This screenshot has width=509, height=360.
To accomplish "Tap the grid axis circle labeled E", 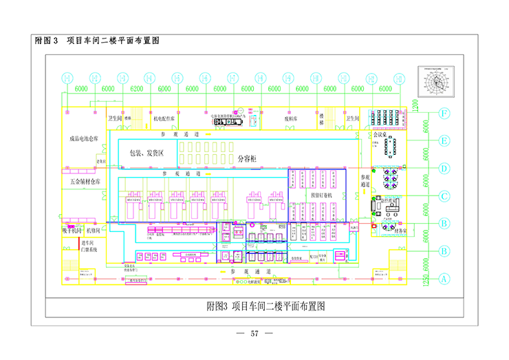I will point(445,141).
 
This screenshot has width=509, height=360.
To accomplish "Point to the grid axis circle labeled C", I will point(445,196).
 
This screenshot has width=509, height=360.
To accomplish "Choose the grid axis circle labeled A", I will point(444,279).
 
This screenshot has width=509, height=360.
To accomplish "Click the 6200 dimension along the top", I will point(136,89).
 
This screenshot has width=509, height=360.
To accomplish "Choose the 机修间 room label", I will point(93,230).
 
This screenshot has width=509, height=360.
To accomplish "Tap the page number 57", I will point(254,334).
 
